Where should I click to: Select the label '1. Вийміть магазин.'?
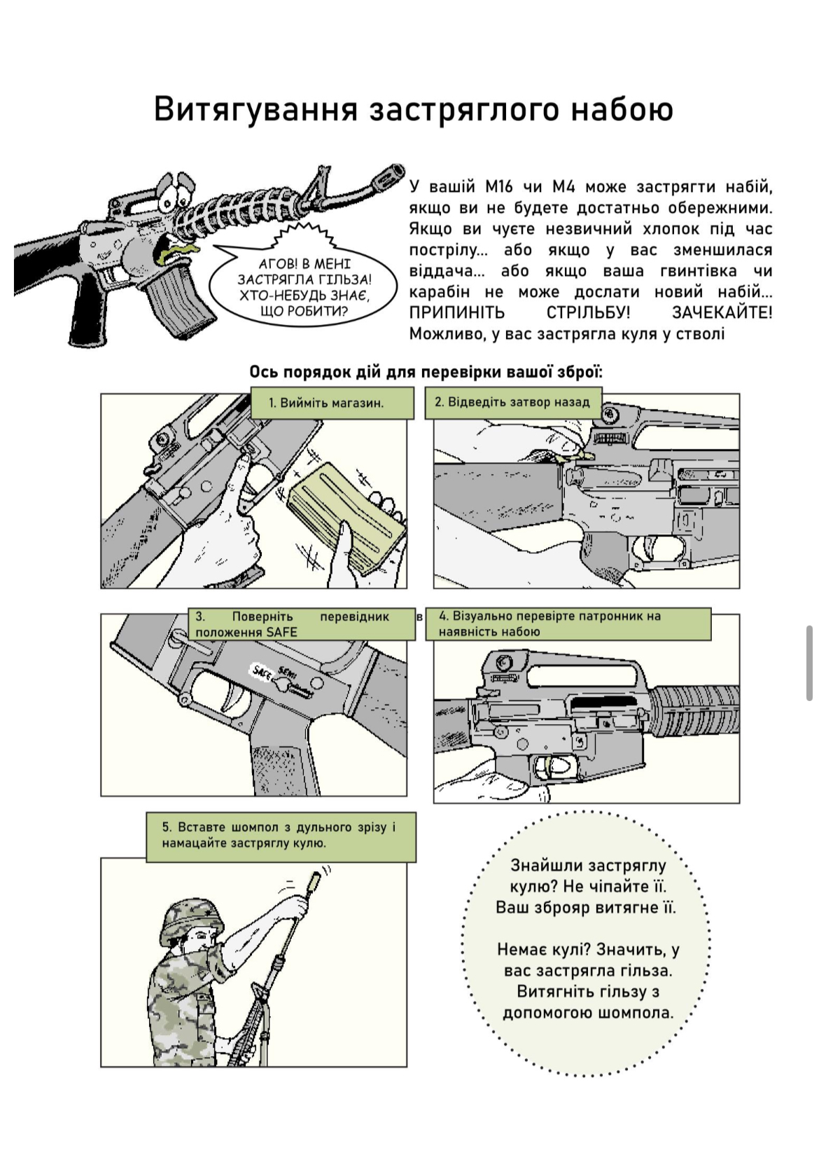[331, 403]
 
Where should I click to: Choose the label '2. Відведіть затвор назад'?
[512, 403]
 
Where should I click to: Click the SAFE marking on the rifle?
[262, 672]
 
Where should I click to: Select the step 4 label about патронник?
[568, 624]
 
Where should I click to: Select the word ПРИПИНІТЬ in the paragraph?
[456, 313]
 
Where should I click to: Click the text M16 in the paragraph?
[499, 187]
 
